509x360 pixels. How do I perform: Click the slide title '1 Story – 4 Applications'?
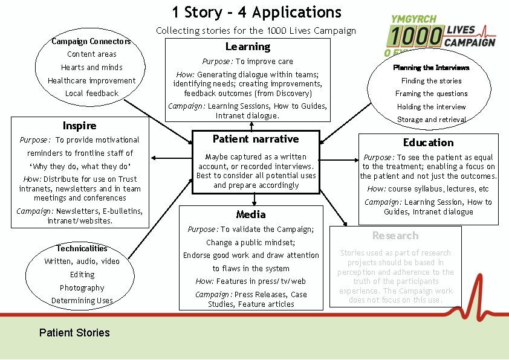pos(256,12)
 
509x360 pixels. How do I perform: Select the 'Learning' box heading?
pos(248,47)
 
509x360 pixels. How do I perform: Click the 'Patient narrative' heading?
pos(256,139)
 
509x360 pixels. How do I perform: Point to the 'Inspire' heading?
pos(79,126)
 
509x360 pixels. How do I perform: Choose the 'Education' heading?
pos(428,143)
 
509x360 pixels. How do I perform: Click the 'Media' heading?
pos(251,214)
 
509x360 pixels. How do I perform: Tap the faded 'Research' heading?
pos(395,236)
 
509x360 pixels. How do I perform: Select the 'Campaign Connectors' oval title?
pos(91,41)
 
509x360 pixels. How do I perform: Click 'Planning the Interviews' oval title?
pos(431,68)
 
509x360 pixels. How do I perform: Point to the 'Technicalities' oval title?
pos(82,248)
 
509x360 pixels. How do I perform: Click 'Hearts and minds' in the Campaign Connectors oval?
pos(92,68)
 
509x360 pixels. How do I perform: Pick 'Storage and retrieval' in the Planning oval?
pos(431,120)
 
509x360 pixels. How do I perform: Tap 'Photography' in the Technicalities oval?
pos(82,288)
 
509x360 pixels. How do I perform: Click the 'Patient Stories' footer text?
pos(74,333)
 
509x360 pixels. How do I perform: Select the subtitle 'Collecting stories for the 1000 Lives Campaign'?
pos(256,30)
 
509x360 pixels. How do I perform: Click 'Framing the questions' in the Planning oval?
pos(431,94)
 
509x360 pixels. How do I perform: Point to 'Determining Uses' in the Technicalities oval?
pos(82,301)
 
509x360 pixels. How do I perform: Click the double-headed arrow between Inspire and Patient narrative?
pos(172,158)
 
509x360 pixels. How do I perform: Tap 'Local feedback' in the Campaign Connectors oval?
pos(92,94)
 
